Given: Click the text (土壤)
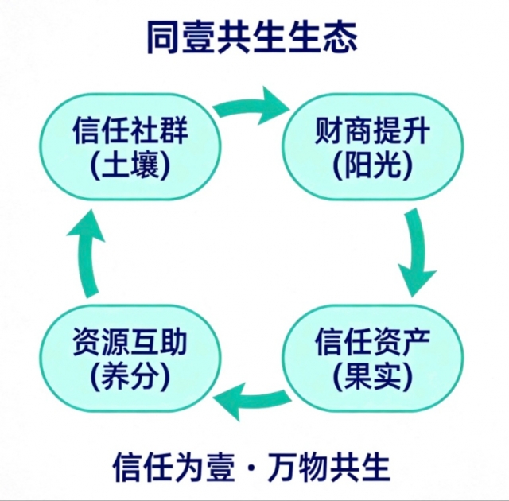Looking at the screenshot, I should [130, 165].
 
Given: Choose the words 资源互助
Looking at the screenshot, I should [130, 344].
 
